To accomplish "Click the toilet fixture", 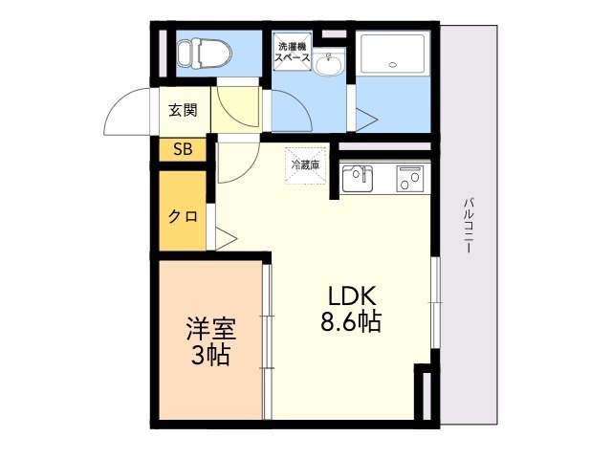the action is (204, 54).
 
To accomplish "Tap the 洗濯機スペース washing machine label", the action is (292, 52).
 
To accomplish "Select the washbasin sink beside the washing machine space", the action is (329, 64).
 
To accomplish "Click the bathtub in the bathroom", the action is (393, 54).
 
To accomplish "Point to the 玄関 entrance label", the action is (183, 111).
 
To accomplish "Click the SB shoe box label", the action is (183, 149).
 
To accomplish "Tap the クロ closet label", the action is (183, 216).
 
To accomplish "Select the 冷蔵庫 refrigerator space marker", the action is (306, 165).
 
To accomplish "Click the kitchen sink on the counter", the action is (357, 179).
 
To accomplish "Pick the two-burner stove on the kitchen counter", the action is (410, 179).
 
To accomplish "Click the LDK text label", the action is (352, 296).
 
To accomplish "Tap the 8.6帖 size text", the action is (351, 322).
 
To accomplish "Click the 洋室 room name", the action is (210, 329).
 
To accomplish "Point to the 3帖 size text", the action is (209, 355).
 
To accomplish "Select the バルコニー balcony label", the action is (469, 226).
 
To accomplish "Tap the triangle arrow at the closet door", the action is (226, 238).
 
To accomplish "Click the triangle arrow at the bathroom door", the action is (366, 119).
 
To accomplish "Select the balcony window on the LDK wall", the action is (436, 302).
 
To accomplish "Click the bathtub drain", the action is (393, 65).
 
